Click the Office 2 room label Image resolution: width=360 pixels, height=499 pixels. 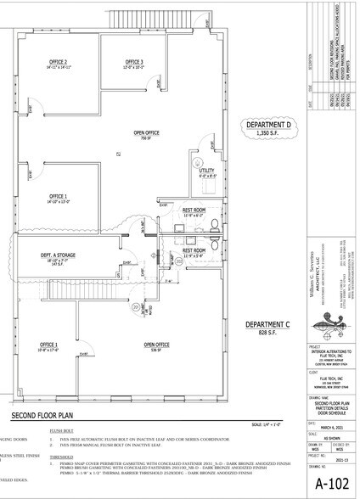tap(59, 62)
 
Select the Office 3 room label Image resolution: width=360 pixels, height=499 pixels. tap(134, 62)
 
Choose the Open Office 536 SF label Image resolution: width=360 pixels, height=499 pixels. tap(156, 345)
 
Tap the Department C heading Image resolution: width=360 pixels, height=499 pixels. tap(268, 325)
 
